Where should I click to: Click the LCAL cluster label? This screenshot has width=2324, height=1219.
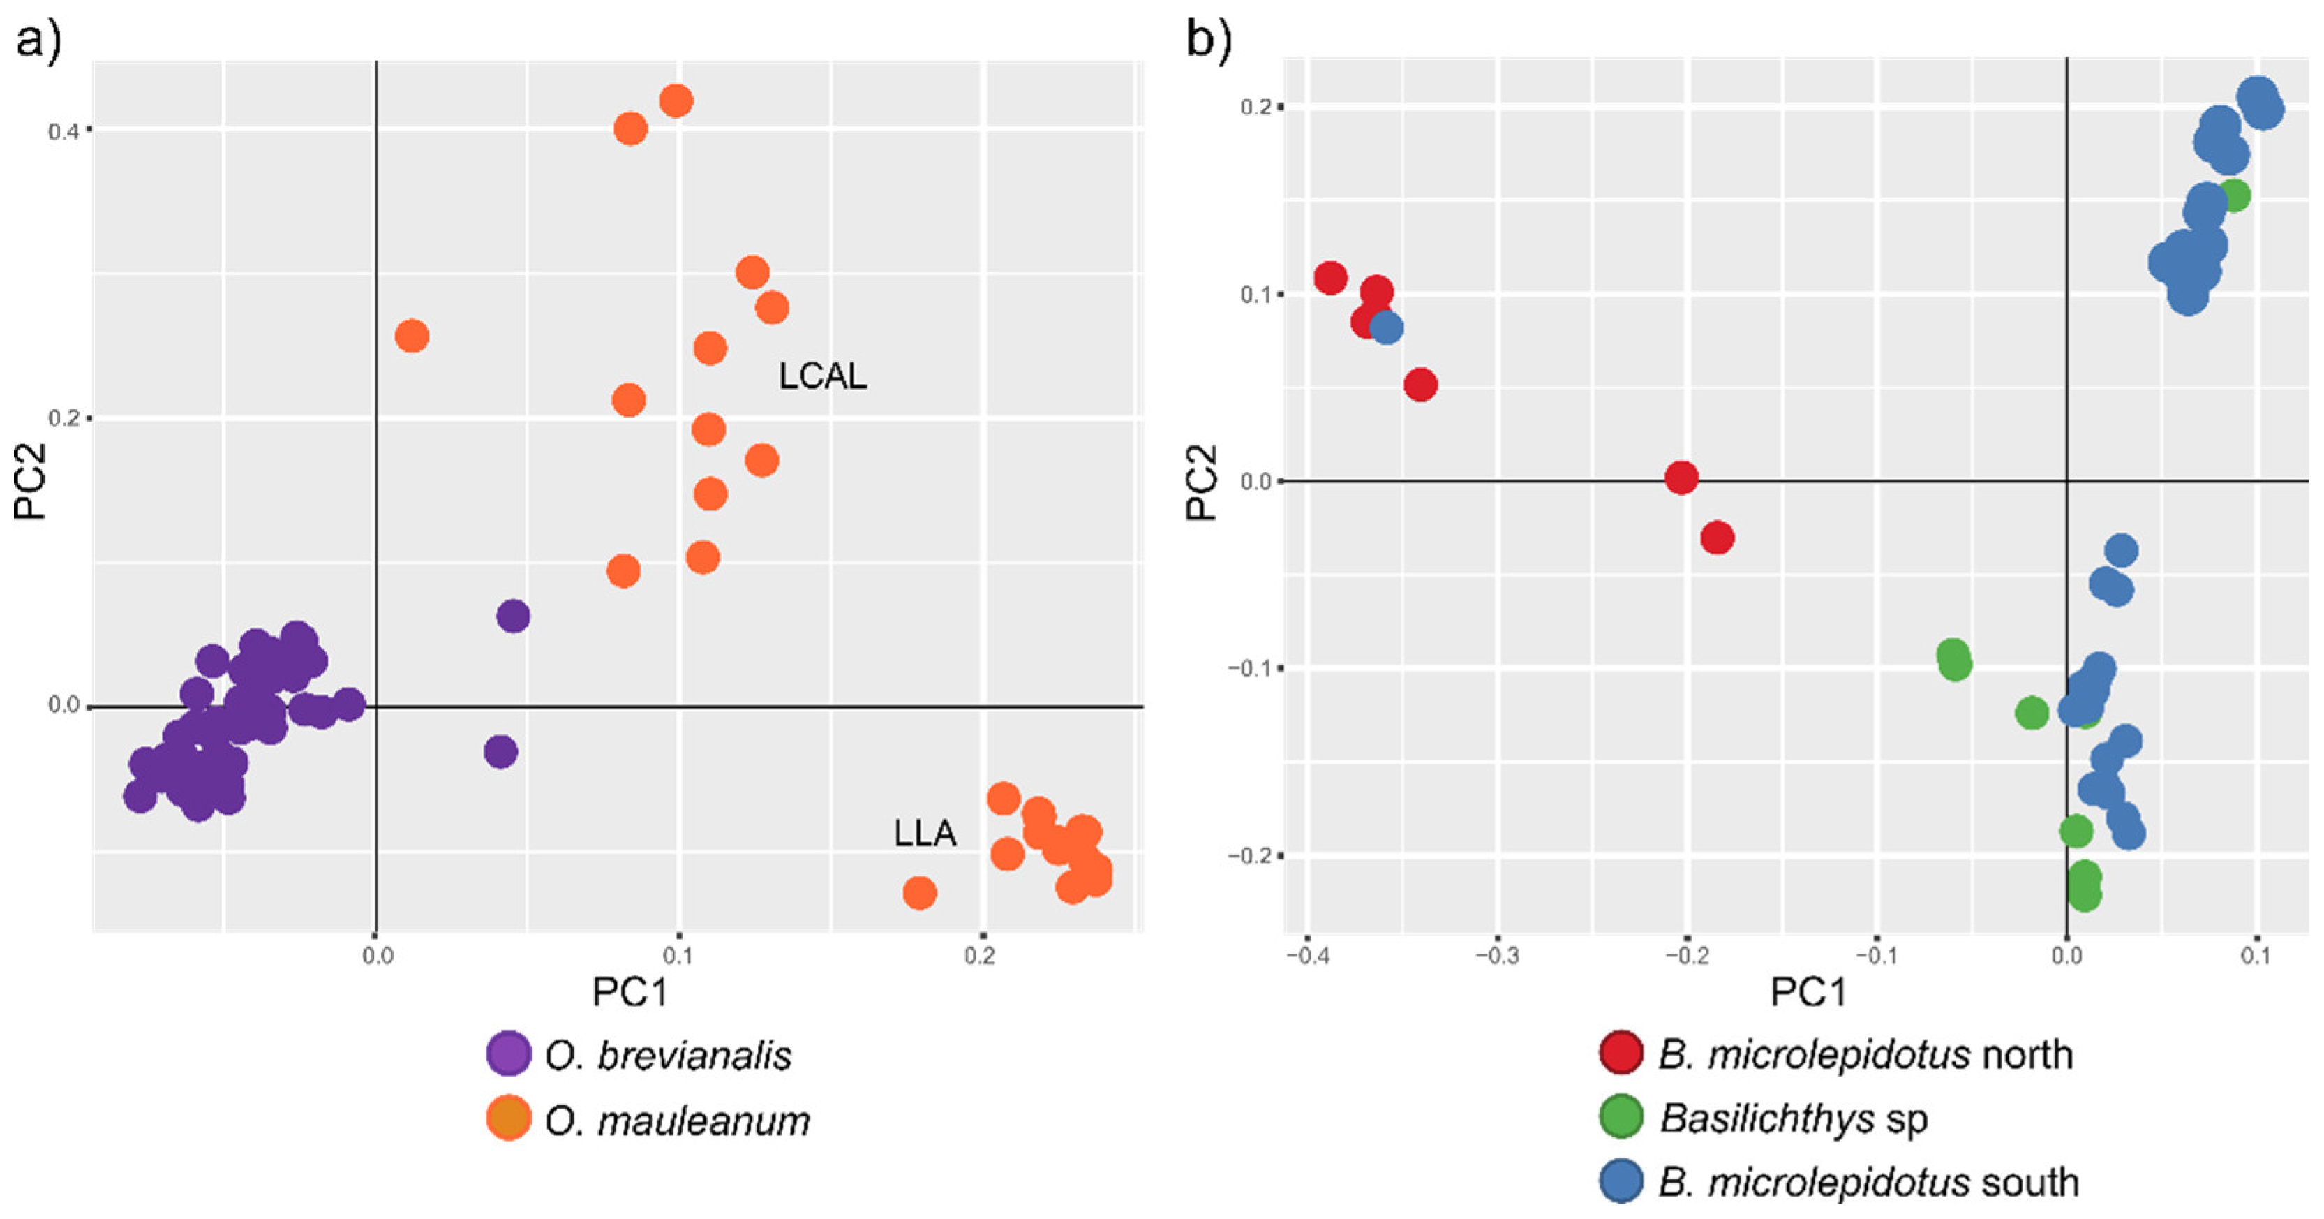pyautogui.click(x=822, y=376)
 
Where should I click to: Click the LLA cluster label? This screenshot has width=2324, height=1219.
pyautogui.click(x=925, y=833)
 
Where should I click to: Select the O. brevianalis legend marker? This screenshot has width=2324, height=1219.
pyautogui.click(x=508, y=1053)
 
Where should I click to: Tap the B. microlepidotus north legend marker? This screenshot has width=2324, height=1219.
pyautogui.click(x=1621, y=1052)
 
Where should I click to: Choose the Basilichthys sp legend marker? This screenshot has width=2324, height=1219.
pyautogui.click(x=1621, y=1116)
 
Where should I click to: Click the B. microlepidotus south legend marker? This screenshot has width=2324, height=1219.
pyautogui.click(x=1621, y=1181)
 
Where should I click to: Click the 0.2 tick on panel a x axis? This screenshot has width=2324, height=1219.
pyautogui.click(x=981, y=956)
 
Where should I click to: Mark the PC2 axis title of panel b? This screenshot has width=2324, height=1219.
pyautogui.click(x=1202, y=482)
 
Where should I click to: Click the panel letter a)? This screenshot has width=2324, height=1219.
pyautogui.click(x=38, y=40)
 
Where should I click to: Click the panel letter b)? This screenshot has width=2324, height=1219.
pyautogui.click(x=1208, y=40)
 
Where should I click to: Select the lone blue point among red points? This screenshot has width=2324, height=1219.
pyautogui.click(x=1387, y=327)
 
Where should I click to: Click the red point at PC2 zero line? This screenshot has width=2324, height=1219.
pyautogui.click(x=1681, y=478)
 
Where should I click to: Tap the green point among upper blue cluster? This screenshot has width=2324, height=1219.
pyautogui.click(x=2234, y=195)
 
